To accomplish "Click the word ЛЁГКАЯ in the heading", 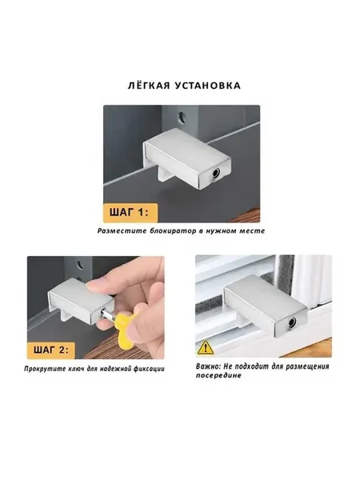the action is tap(149, 85).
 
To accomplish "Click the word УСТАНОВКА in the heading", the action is tap(208, 86).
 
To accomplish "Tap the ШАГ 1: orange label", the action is tap(130, 213).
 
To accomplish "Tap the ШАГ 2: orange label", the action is tap(51, 350).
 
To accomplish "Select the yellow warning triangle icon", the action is tap(206, 348).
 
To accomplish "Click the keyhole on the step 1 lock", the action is tap(215, 174).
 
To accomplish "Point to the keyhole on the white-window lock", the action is tap(292, 322).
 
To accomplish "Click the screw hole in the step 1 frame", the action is tap(182, 118).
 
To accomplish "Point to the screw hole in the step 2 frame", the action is tap(80, 265).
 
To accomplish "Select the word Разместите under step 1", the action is tap(122, 231).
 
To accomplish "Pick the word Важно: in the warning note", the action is tap(208, 366).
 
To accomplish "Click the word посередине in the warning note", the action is tap(218, 375).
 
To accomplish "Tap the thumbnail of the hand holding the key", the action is tap(96, 307).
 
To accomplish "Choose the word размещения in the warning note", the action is tap(308, 366).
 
